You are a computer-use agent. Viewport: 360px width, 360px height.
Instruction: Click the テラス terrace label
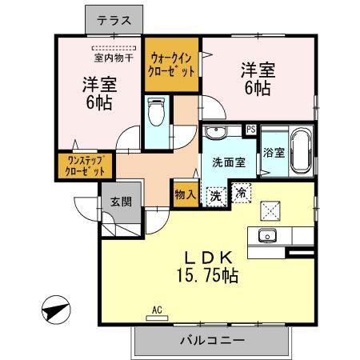(x=114, y=22)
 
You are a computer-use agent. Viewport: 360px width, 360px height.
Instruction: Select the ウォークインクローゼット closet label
(x=172, y=64)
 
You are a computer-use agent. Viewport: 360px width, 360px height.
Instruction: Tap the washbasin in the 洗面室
(x=214, y=133)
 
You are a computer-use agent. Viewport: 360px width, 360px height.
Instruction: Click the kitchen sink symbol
(x=266, y=236)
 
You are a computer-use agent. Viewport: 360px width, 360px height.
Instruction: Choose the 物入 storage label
(x=184, y=194)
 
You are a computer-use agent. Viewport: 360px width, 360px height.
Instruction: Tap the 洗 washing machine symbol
(x=215, y=194)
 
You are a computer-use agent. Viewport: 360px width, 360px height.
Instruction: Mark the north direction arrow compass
(x=56, y=309)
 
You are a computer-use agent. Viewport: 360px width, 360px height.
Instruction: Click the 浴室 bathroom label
(x=274, y=151)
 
